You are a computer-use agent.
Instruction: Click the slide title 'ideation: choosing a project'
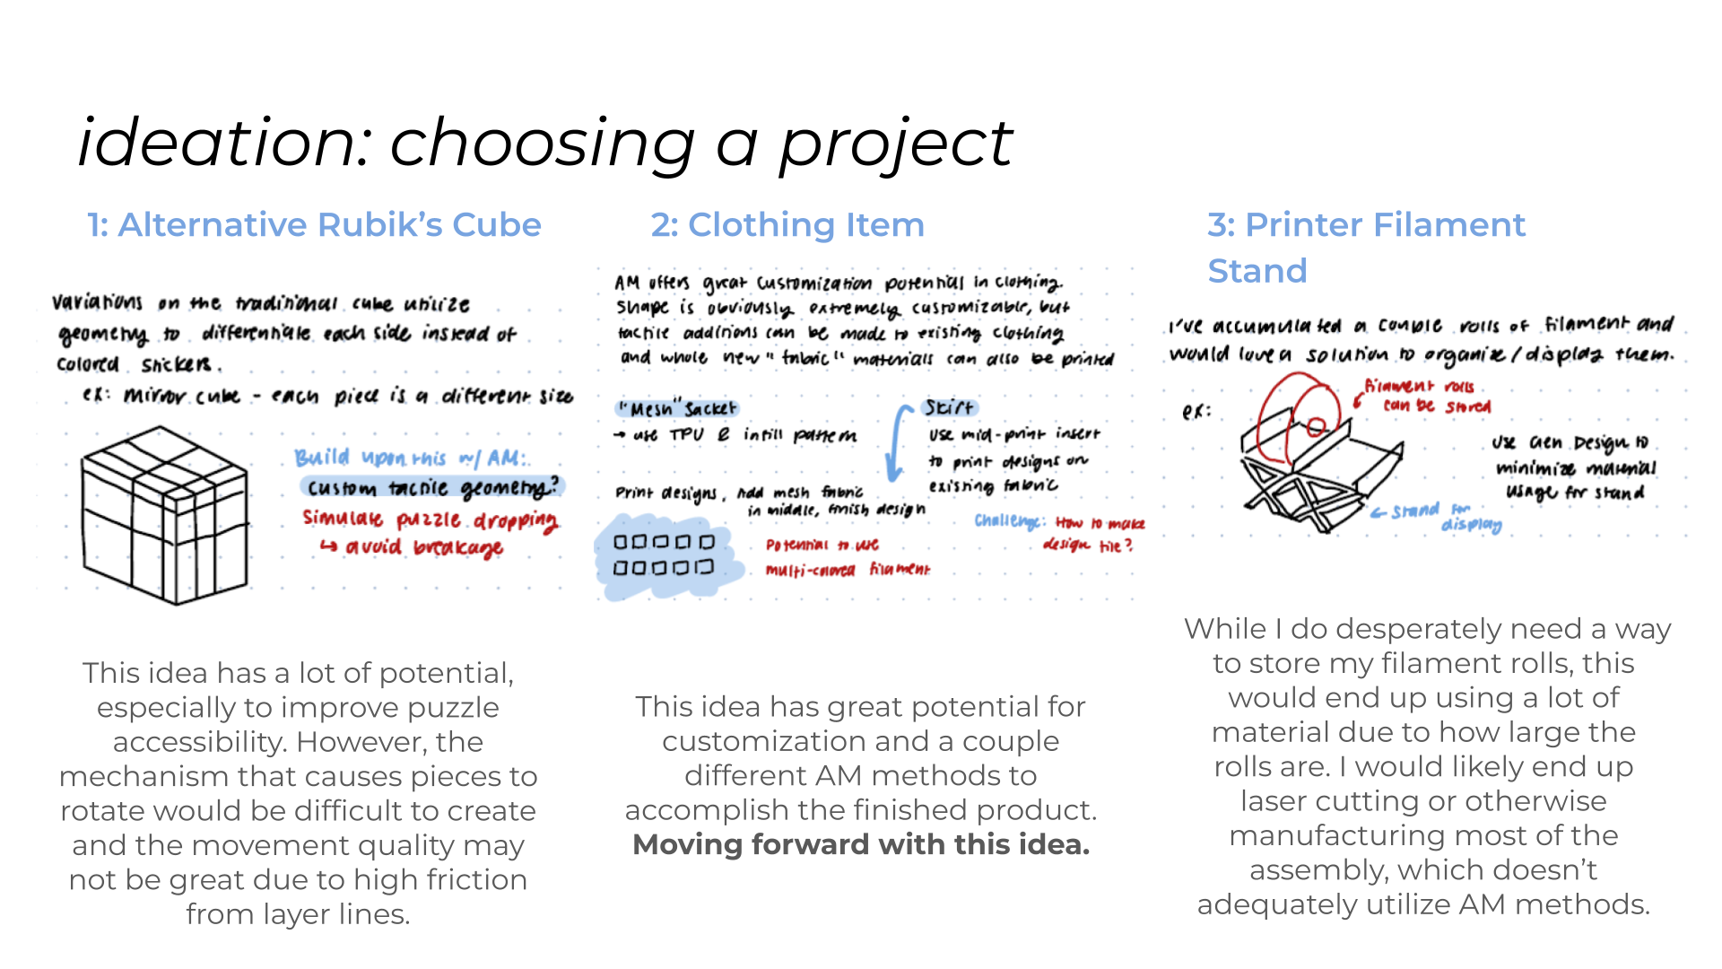point(544,144)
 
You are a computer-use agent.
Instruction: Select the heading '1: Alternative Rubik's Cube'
point(314,224)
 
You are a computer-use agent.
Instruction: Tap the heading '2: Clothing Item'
point(787,224)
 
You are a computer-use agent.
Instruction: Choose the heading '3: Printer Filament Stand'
point(1365,247)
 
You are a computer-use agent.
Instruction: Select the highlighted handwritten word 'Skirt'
point(949,407)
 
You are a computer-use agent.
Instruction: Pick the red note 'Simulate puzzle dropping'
point(430,519)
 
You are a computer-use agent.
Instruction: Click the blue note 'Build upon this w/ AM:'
point(410,458)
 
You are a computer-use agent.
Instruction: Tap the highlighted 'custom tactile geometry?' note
point(431,487)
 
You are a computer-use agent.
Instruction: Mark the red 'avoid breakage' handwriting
point(422,546)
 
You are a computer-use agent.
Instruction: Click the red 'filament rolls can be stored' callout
point(1426,396)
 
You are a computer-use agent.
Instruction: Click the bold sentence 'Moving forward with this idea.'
point(861,844)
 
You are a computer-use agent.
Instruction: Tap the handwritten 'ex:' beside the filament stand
point(1196,412)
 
